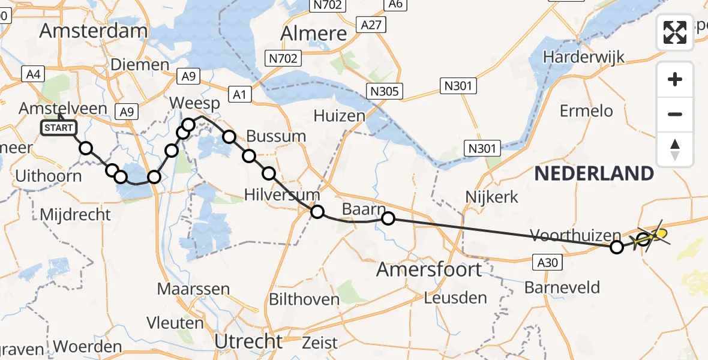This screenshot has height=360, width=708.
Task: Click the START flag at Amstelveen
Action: point(59,127)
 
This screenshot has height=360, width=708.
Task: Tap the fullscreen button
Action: point(675,32)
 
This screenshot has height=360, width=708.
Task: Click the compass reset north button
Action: point(675,149)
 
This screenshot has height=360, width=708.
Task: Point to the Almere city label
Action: point(313,33)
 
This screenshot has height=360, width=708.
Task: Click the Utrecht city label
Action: point(248,341)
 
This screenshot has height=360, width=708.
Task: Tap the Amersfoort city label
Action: point(428,269)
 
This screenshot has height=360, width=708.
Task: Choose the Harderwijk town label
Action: point(584,58)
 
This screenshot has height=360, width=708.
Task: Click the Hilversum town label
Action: point(282,195)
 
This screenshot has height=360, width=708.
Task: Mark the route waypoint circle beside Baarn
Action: point(388,218)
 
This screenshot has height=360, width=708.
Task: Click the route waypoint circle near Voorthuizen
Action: point(616,247)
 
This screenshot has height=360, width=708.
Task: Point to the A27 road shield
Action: point(371,25)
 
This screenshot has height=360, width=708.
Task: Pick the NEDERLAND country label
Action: point(593,174)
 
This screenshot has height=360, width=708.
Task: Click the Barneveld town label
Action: point(562,287)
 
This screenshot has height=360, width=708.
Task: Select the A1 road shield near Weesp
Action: point(241,94)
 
